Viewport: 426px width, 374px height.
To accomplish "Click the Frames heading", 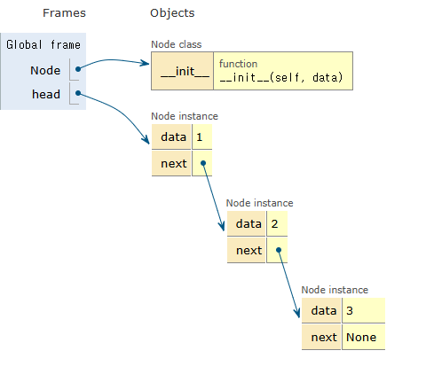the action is (64, 13).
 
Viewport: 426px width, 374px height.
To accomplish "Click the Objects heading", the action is (172, 13).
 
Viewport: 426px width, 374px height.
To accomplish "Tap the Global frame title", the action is (43, 44).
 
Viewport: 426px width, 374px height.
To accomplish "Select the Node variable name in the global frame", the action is (45, 70).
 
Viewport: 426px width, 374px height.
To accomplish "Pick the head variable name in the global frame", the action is (46, 94).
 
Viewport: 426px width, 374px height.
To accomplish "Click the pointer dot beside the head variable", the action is (78, 93).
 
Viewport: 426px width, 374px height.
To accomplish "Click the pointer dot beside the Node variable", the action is (78, 69).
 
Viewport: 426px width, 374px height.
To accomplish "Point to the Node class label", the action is (177, 44).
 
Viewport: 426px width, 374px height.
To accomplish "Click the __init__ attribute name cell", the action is (182, 71).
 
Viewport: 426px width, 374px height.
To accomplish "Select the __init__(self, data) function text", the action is (281, 77).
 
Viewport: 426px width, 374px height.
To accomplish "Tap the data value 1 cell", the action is (202, 136).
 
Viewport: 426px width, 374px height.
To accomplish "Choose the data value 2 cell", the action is (277, 223).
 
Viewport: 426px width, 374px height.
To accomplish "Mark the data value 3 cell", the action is (364, 310).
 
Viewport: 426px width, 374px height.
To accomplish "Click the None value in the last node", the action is (361, 337).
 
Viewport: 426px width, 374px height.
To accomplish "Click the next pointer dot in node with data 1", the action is (203, 163).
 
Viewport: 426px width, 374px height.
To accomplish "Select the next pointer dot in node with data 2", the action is (279, 250).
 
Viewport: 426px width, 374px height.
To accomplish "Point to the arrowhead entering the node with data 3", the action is (297, 313).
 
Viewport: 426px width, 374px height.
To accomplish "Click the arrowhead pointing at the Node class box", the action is (145, 63).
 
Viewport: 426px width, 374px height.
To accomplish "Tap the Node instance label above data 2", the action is (259, 203).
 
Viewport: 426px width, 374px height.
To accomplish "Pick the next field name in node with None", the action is (324, 337).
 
